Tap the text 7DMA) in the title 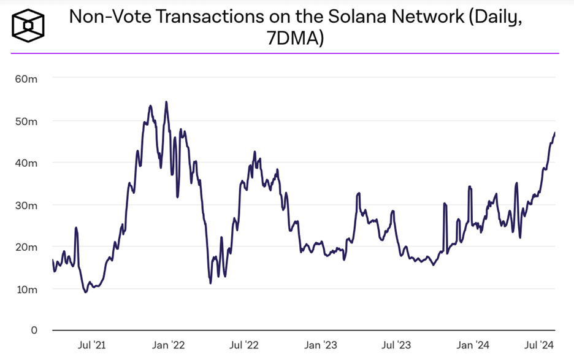click(296, 40)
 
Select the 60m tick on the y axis click(27, 79)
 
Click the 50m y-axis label click(27, 121)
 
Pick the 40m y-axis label click(27, 163)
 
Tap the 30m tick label click(27, 205)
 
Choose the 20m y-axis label click(27, 247)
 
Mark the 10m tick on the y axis click(27, 289)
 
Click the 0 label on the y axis click(34, 331)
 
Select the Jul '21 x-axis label click(90, 346)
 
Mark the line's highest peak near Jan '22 click(166, 102)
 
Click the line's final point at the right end click(555, 132)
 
